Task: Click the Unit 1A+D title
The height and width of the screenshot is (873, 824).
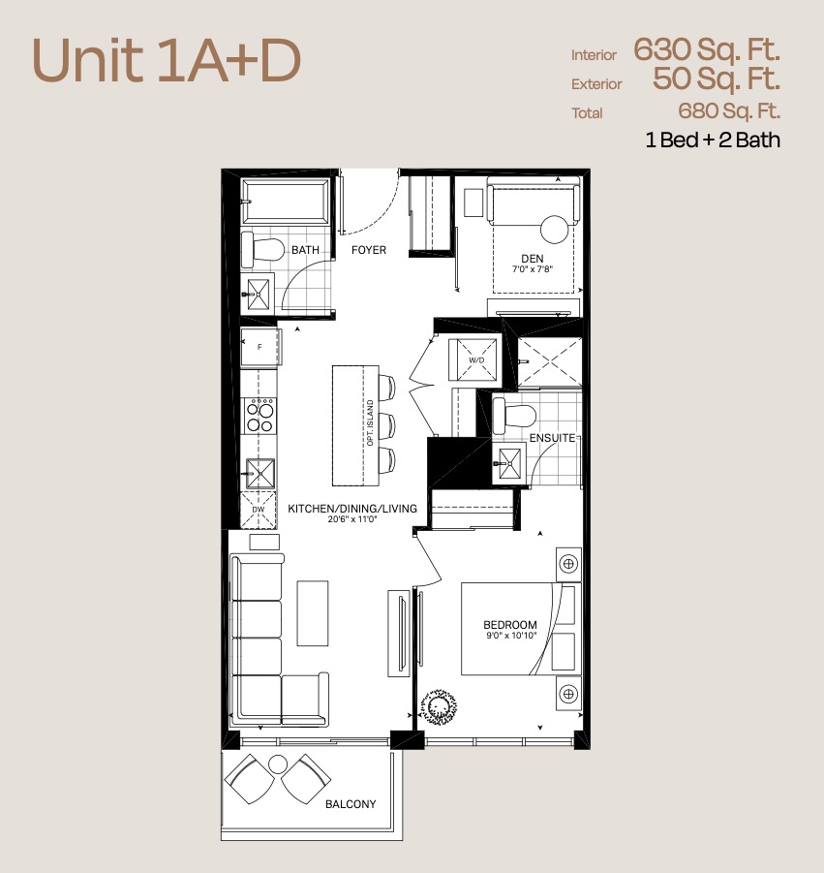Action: [167, 61]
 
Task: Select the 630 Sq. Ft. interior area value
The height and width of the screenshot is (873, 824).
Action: [707, 49]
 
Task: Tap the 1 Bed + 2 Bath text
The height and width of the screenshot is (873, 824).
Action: [713, 140]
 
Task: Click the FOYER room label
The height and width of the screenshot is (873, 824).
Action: [368, 250]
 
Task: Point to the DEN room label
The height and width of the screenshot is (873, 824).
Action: [533, 259]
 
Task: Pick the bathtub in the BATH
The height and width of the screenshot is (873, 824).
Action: [286, 201]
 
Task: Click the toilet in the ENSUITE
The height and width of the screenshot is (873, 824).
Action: [515, 416]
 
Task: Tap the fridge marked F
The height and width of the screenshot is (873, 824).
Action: [259, 348]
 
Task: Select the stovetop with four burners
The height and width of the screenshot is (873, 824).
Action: [260, 416]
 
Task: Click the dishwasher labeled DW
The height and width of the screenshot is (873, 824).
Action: [259, 510]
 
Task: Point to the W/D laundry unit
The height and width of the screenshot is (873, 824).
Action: [475, 360]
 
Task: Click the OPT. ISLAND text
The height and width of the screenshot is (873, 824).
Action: [371, 422]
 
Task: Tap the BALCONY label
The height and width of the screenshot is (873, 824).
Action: [351, 804]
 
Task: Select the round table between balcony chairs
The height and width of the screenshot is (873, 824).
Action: [277, 765]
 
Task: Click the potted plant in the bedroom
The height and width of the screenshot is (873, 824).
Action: [439, 707]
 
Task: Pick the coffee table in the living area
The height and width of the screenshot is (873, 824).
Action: [313, 613]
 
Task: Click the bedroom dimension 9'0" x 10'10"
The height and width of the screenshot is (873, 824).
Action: [511, 636]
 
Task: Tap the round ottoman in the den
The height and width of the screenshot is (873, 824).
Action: [555, 229]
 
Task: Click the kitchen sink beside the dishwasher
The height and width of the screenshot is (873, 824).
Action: [259, 473]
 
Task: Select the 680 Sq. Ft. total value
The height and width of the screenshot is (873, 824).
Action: [729, 110]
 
